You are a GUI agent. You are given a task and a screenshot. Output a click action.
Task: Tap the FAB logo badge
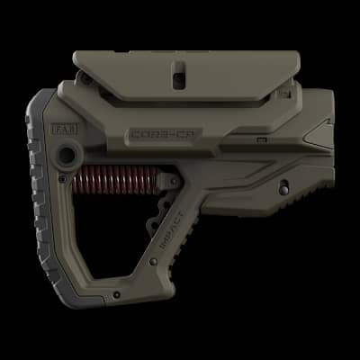tap(67, 128)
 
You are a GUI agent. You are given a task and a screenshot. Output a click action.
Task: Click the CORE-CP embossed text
tap(157, 136)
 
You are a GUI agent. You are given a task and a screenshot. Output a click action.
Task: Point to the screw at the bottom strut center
tap(116, 294)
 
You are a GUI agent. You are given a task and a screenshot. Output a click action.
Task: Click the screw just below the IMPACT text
tap(154, 262)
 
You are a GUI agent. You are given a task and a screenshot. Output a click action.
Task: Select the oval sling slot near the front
tap(284, 189)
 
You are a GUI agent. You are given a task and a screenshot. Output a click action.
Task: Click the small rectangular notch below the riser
tap(260, 139)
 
